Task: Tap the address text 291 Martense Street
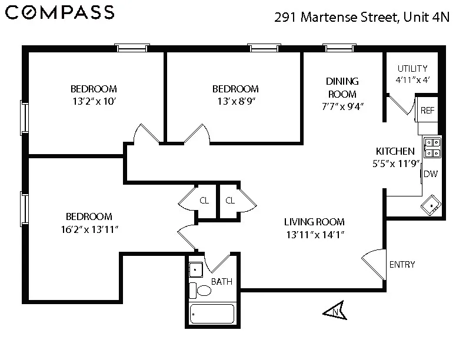pos(335,17)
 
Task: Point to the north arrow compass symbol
pos(335,310)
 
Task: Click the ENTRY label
pos(402,265)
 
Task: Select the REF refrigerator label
pos(427,111)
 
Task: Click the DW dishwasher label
pos(430,174)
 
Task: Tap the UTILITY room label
pos(412,69)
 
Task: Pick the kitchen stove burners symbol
pos(432,147)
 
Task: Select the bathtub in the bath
pos(212,315)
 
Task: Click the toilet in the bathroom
pos(202,290)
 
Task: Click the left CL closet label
pos(204,201)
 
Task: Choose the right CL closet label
pos(230,201)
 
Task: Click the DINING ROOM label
pos(342,88)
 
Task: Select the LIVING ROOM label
pos(314,222)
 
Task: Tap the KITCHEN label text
pos(395,151)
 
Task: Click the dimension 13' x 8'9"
pos(235,101)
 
